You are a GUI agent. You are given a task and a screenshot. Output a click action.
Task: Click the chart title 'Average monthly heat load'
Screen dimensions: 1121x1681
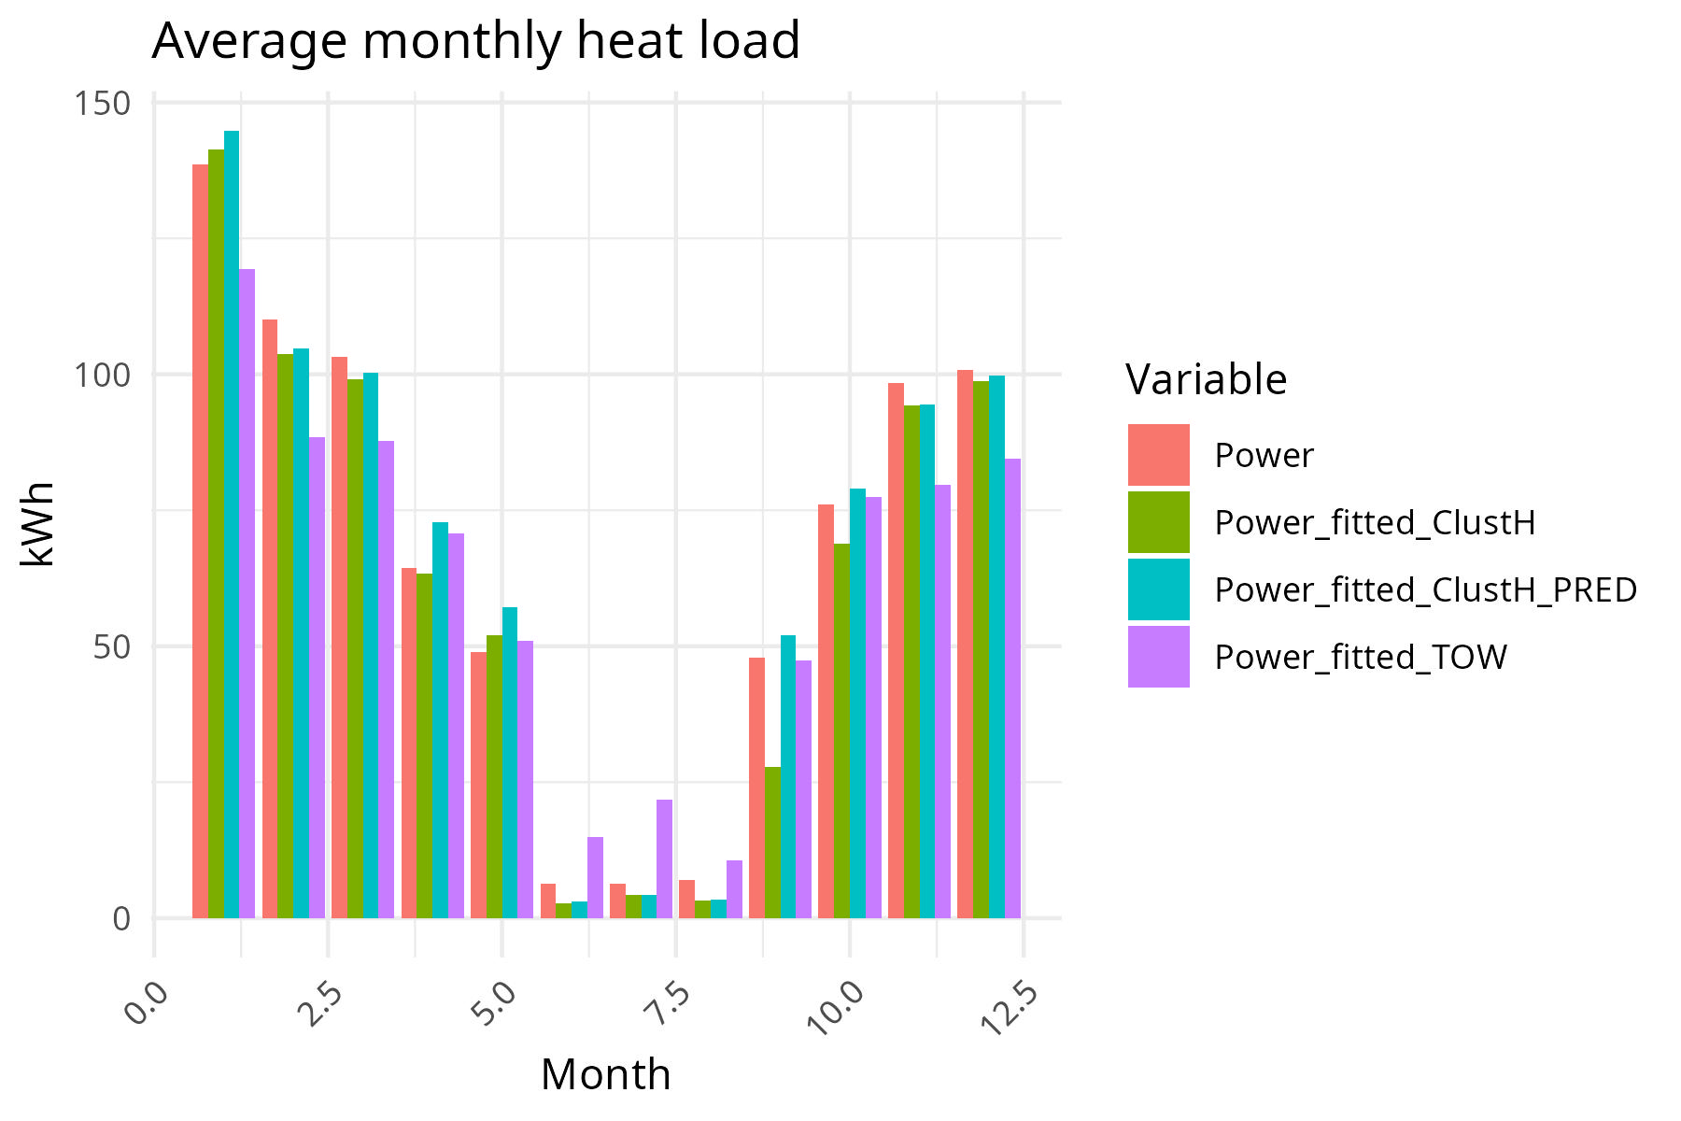[475, 41]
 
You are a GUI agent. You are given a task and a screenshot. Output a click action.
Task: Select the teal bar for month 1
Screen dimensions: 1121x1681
[232, 523]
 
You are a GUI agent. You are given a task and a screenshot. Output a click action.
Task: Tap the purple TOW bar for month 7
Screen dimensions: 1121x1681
[664, 858]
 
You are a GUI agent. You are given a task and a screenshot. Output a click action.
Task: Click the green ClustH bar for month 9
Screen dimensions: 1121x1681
[772, 842]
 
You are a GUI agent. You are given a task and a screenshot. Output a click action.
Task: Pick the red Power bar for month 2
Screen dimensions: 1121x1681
[270, 618]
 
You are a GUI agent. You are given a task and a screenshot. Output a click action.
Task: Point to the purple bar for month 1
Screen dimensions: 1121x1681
[247, 593]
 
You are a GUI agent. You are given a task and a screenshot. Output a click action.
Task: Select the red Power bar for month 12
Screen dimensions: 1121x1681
[965, 644]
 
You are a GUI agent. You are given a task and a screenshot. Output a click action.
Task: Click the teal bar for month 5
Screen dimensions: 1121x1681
[510, 762]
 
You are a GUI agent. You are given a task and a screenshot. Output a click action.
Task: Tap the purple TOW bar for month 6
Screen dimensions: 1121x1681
[595, 877]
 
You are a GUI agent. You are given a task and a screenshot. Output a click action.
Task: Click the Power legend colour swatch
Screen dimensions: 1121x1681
[1158, 455]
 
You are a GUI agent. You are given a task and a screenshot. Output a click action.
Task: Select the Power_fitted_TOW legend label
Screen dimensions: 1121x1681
[1360, 658]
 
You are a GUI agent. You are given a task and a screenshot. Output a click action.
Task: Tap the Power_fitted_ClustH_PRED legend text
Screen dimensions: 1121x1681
[1425, 590]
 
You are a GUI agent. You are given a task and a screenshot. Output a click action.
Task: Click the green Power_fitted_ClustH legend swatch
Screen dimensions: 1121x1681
[1158, 522]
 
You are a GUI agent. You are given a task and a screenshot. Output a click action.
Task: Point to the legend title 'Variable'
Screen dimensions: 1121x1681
[1206, 380]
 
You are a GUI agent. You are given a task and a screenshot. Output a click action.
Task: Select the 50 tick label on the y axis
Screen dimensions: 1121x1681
[110, 646]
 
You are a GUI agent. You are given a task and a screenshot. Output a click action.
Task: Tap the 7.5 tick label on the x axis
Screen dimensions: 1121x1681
[667, 1007]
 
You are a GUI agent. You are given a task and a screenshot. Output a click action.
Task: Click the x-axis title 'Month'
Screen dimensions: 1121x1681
[605, 1075]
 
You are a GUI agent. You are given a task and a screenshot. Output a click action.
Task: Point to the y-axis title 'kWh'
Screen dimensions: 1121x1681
[39, 524]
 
